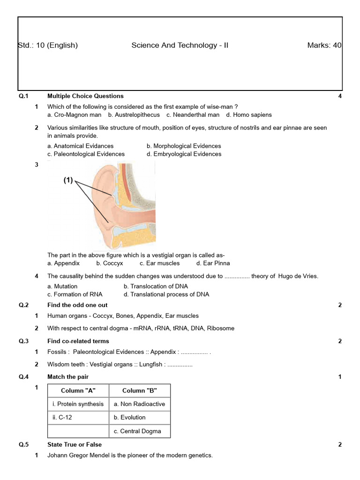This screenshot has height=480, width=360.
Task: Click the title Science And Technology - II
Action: (180, 45)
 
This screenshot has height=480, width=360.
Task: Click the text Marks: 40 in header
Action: (324, 45)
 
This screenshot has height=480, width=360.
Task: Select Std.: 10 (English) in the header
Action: (48, 45)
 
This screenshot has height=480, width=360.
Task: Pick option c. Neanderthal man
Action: (193, 115)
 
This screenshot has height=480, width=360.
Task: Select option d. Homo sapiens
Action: (248, 115)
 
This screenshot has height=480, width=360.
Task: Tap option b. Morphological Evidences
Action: (183, 146)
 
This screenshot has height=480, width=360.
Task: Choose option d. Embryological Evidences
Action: (184, 154)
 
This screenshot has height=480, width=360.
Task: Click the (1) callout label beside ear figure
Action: (68, 180)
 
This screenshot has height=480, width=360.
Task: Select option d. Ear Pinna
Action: (213, 263)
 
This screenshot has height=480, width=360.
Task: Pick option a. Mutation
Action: (62, 286)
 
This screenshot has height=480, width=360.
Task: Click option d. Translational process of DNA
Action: (166, 294)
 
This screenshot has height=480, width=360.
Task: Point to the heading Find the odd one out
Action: (77, 305)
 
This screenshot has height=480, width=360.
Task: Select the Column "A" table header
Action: (78, 391)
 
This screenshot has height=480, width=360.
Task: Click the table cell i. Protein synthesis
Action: (78, 404)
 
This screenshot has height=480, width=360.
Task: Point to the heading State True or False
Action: (75, 444)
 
